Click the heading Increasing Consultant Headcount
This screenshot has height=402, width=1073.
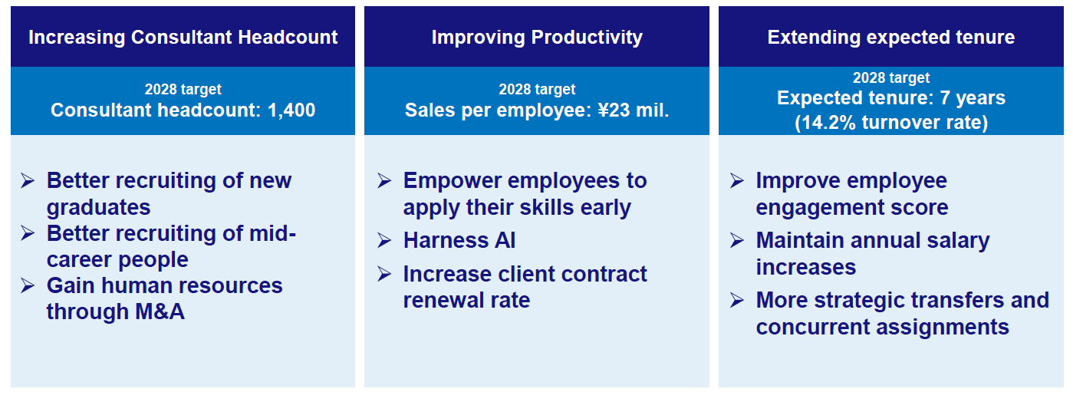pos(183,38)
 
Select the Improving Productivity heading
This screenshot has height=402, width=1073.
pos(537,38)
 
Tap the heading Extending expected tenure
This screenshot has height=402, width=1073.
pos(891,38)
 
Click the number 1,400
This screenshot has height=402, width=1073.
pos(291,110)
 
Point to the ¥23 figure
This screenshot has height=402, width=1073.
pos(614,110)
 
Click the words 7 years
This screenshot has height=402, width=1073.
pos(973,98)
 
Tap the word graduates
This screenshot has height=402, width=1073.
pos(99,207)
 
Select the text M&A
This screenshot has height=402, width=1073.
pos(160,311)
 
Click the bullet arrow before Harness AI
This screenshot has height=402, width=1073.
pos(385,240)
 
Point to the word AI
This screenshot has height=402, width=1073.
pos(505,240)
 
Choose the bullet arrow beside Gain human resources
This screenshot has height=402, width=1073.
pos(28,285)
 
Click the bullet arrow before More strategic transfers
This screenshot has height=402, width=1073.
pos(737,301)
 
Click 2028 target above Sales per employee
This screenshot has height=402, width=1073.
pos(537,89)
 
